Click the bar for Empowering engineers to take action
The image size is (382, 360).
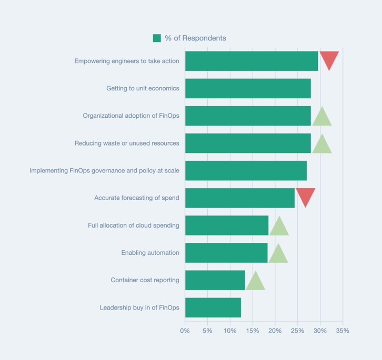click(252, 61)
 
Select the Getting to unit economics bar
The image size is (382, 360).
click(248, 88)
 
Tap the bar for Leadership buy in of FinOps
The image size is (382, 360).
click(213, 307)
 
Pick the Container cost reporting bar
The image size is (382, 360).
click(215, 280)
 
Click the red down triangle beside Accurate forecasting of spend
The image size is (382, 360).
click(305, 196)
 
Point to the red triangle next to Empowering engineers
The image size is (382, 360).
click(329, 59)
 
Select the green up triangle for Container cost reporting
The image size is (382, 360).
click(255, 282)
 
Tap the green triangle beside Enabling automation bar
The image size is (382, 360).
click(278, 254)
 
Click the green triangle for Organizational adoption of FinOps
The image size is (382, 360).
click(322, 118)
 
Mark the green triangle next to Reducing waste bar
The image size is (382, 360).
click(322, 145)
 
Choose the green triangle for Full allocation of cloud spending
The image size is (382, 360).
click(279, 227)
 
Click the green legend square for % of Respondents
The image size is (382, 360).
click(157, 38)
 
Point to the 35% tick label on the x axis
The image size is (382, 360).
click(343, 331)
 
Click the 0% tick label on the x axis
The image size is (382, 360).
click(185, 331)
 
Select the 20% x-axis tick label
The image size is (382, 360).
click(275, 331)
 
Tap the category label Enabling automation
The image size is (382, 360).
click(150, 253)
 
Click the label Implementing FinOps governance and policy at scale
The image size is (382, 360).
click(104, 170)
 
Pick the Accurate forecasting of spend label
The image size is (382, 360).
click(137, 198)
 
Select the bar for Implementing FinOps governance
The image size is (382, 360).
click(246, 171)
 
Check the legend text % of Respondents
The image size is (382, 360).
click(195, 38)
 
